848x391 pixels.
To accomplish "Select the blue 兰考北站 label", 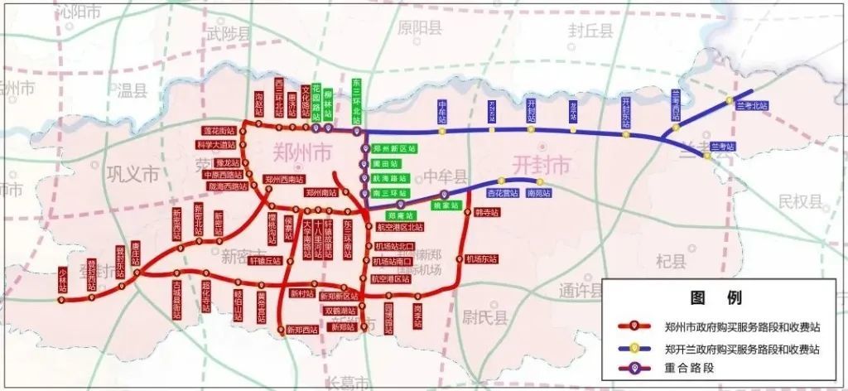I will tap(752, 106).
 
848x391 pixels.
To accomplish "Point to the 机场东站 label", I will tap(481, 258).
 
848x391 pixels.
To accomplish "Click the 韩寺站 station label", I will tap(488, 212).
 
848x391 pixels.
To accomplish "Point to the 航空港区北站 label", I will tap(399, 226).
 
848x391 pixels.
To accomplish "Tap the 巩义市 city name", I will tap(132, 174).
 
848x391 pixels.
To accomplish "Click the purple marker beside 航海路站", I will tap(363, 178).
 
